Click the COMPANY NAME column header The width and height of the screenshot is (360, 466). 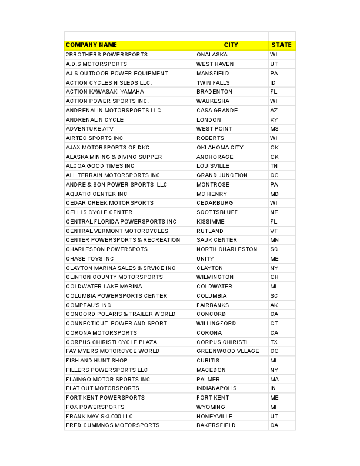coord(91,45)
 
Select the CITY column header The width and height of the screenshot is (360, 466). coord(231,45)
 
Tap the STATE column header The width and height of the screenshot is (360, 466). coord(281,45)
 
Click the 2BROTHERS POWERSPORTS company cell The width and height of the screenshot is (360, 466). coord(106,55)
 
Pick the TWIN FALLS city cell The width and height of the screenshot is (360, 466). coord(213,82)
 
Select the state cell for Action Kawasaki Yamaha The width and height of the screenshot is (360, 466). coord(274,92)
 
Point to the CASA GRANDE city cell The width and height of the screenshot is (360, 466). coord(217,111)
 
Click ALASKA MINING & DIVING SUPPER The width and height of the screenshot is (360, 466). coord(114,157)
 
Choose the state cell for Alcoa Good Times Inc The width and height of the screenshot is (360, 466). coord(274,166)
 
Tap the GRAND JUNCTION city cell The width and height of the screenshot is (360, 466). coord(222,175)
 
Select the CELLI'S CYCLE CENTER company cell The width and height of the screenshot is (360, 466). coord(99,212)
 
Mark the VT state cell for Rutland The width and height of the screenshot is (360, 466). coord(274,231)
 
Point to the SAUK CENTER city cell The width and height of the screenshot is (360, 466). coord(216,240)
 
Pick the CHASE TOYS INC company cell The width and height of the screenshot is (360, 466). coord(90,259)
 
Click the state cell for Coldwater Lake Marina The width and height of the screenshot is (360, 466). coord(274,287)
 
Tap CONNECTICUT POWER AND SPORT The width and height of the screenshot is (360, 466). coord(116,324)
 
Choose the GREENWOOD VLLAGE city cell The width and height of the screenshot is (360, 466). coord(228,351)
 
